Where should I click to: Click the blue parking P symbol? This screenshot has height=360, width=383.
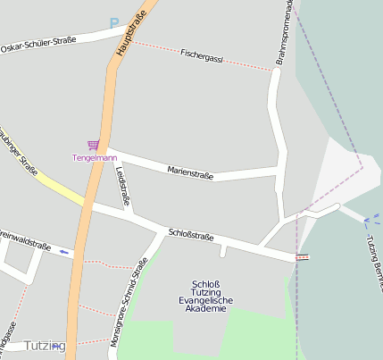pyautogui.click(x=114, y=23)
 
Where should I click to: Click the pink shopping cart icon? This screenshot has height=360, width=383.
pyautogui.click(x=93, y=145)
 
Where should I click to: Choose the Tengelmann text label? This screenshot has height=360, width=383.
pyautogui.click(x=95, y=158)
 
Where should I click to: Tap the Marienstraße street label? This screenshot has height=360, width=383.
pyautogui.click(x=190, y=172)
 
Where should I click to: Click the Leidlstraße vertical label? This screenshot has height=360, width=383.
pyautogui.click(x=121, y=189)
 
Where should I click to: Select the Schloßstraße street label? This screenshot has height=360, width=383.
pyautogui.click(x=190, y=235)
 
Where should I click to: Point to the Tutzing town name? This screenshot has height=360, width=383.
pyautogui.click(x=45, y=346)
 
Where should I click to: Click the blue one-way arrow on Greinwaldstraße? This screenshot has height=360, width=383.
pyautogui.click(x=64, y=251)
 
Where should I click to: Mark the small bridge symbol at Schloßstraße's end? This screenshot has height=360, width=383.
pyautogui.click(x=304, y=257)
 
